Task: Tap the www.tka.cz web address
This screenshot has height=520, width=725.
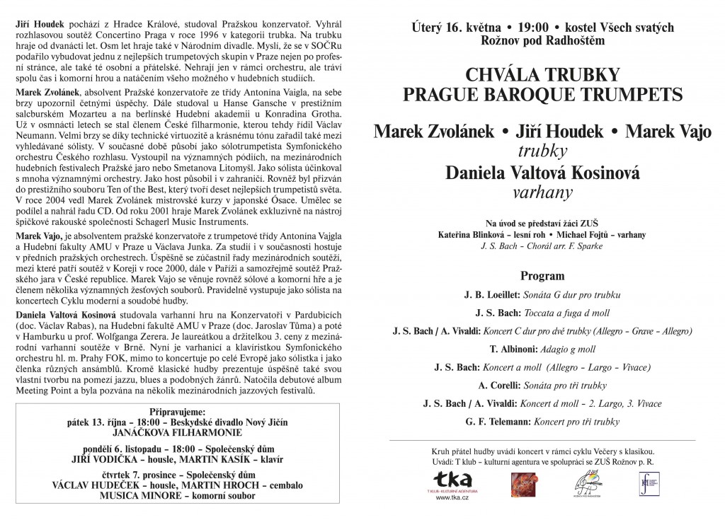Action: coord(453,497)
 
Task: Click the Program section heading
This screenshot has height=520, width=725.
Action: coord(542,276)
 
